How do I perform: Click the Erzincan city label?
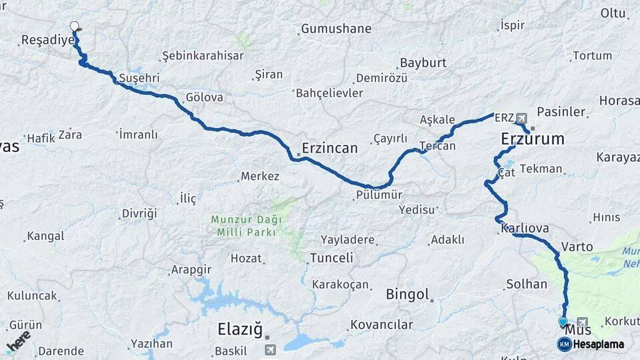pos(329,147)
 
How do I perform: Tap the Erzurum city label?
pos(532,139)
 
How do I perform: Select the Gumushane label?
pos(336,29)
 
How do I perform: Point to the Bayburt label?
pos(423,63)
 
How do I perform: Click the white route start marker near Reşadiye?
pos(75,27)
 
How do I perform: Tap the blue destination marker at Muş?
pos(563,322)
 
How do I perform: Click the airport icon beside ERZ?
pos(521,118)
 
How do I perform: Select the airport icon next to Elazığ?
pos(269,349)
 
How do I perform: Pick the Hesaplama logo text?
pos(599,344)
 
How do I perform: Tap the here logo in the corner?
pos(18,341)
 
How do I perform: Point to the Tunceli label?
pos(331,257)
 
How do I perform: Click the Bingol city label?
pos(407,294)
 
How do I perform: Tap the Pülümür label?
pos(379,195)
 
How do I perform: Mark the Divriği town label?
pos(139,213)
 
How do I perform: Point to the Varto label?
pos(577,247)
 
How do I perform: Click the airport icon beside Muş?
pos(583,323)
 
